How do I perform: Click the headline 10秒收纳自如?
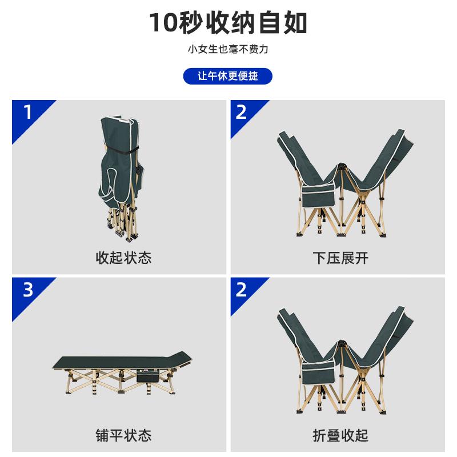228,23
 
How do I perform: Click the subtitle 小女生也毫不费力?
228,49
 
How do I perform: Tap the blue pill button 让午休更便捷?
227,77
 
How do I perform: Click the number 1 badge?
28,112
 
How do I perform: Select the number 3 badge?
28,290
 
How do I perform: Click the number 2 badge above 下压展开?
241,112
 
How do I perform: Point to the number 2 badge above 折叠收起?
241,290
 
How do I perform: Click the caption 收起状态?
123,258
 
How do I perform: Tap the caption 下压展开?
340,258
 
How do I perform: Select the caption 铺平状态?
123,435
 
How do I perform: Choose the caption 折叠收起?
340,435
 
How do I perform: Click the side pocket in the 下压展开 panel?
318,194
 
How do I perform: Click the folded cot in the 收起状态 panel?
119,178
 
